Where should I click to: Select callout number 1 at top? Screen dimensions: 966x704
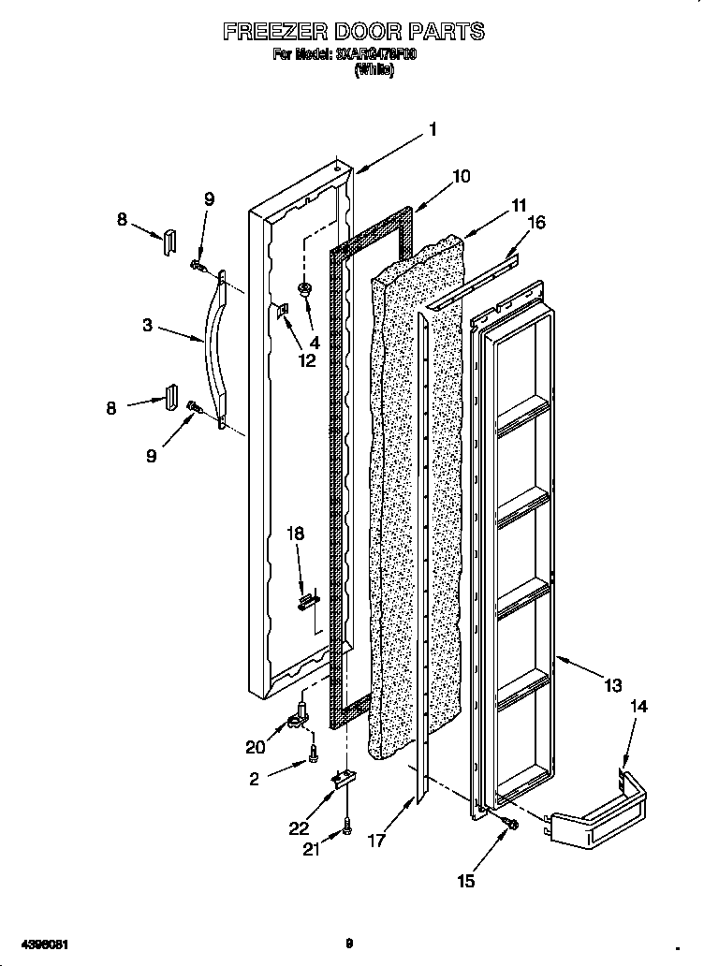[432, 129]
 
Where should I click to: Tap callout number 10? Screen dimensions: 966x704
[461, 176]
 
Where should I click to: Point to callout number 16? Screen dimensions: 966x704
[536, 222]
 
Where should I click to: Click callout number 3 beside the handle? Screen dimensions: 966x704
[148, 326]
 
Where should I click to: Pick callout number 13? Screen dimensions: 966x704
[612, 686]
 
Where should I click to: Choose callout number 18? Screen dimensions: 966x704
[296, 534]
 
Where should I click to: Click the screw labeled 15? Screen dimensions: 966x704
[511, 823]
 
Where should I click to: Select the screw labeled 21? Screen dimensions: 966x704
[347, 827]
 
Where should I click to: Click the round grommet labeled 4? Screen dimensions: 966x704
[305, 288]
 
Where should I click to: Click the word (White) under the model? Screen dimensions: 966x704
[374, 68]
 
